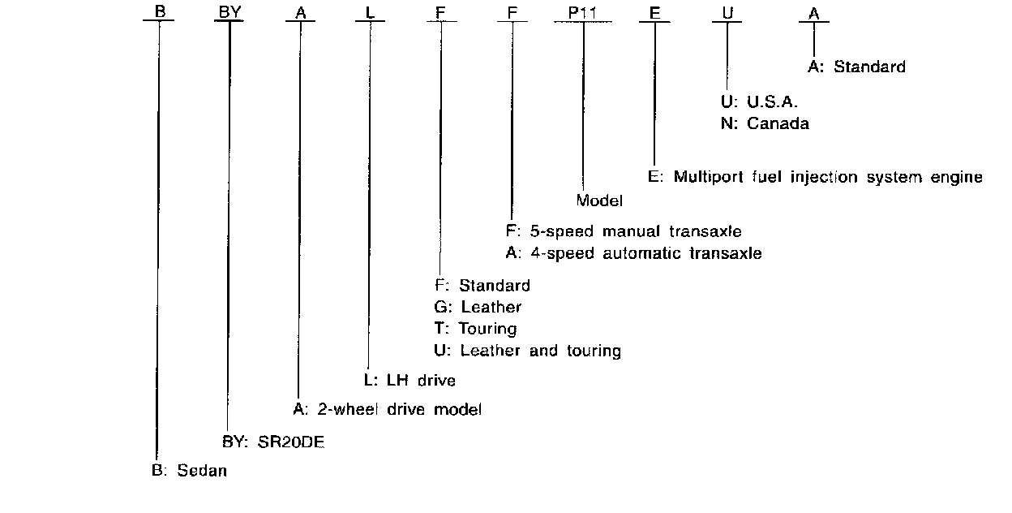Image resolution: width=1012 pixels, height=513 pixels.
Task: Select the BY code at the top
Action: [x=229, y=14]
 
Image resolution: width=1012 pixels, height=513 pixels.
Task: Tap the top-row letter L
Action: [x=370, y=14]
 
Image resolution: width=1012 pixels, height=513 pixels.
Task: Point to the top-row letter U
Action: [x=727, y=14]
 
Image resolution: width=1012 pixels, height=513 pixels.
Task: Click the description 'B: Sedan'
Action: [x=189, y=472]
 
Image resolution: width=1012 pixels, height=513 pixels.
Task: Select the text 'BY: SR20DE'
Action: [x=273, y=442]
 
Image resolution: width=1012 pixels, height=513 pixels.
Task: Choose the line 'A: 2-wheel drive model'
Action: [x=387, y=410]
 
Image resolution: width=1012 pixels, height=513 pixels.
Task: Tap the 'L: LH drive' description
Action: [x=408, y=380]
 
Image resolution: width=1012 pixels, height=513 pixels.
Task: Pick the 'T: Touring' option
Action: [x=475, y=329]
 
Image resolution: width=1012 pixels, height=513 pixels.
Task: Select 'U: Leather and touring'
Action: [x=527, y=351]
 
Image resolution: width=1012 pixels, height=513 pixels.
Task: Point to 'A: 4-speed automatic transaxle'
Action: [x=632, y=253]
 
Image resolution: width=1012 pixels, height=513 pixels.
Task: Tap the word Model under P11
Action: [x=599, y=200]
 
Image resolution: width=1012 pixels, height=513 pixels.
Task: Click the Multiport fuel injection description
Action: [x=815, y=177]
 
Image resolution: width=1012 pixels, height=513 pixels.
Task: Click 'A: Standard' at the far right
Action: [x=856, y=67]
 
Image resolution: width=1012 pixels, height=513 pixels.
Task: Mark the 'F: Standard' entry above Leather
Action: [x=482, y=285]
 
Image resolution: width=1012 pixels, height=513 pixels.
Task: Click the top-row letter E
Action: [x=654, y=14]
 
